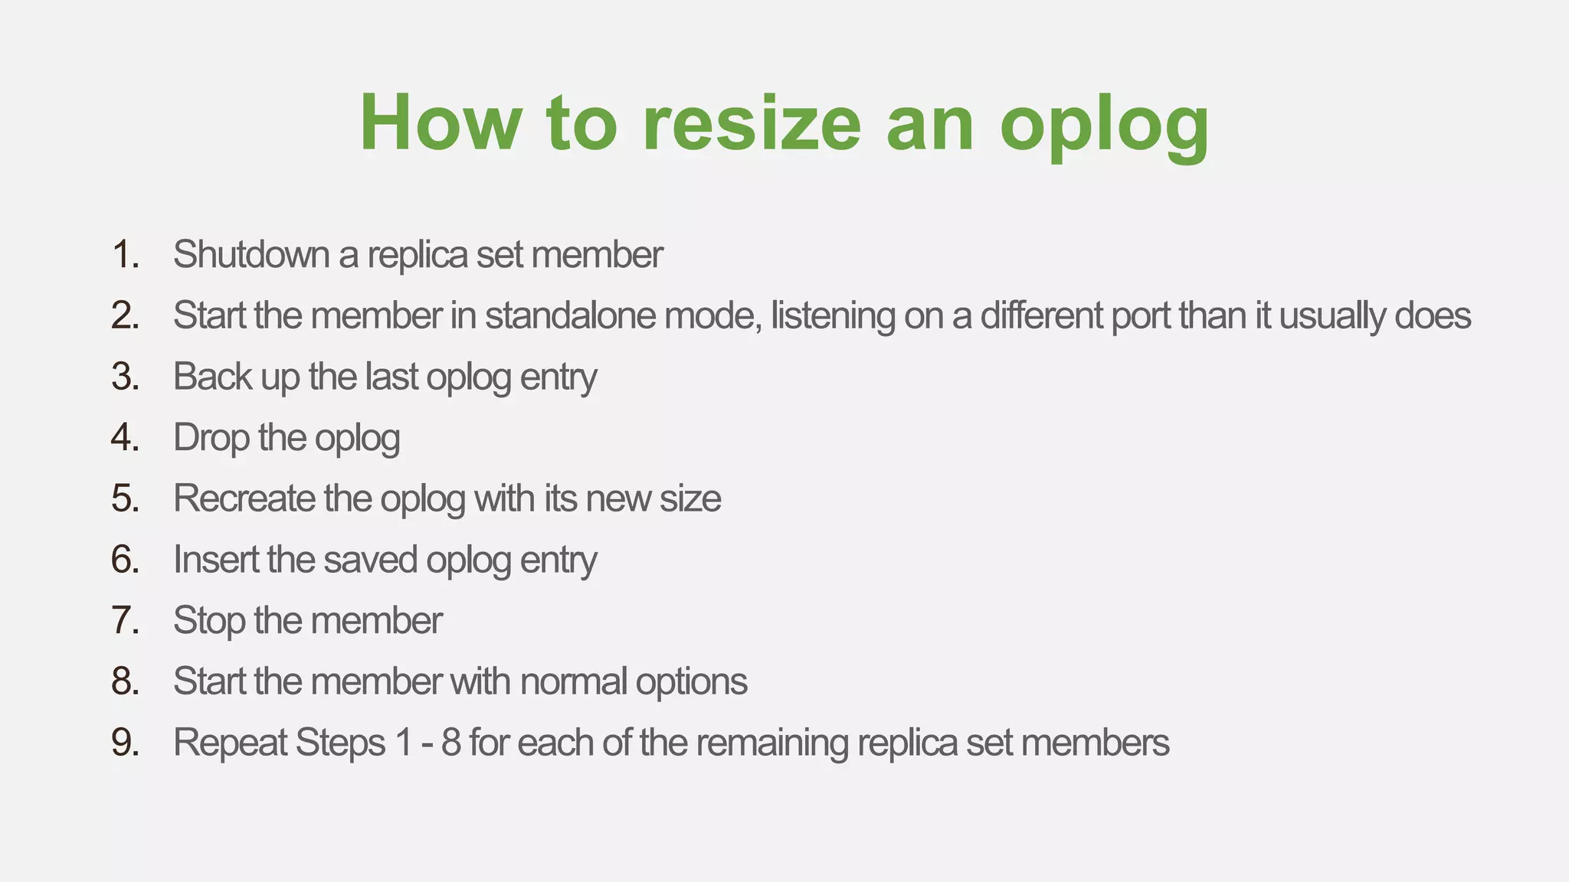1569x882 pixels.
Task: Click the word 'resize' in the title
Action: [x=752, y=123]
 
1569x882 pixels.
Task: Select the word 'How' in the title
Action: [x=441, y=123]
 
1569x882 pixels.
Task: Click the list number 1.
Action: [x=125, y=254]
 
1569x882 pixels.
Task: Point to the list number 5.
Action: [x=125, y=498]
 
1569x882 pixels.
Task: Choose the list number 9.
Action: [x=125, y=743]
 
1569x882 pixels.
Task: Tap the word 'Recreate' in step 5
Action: [x=244, y=498]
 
